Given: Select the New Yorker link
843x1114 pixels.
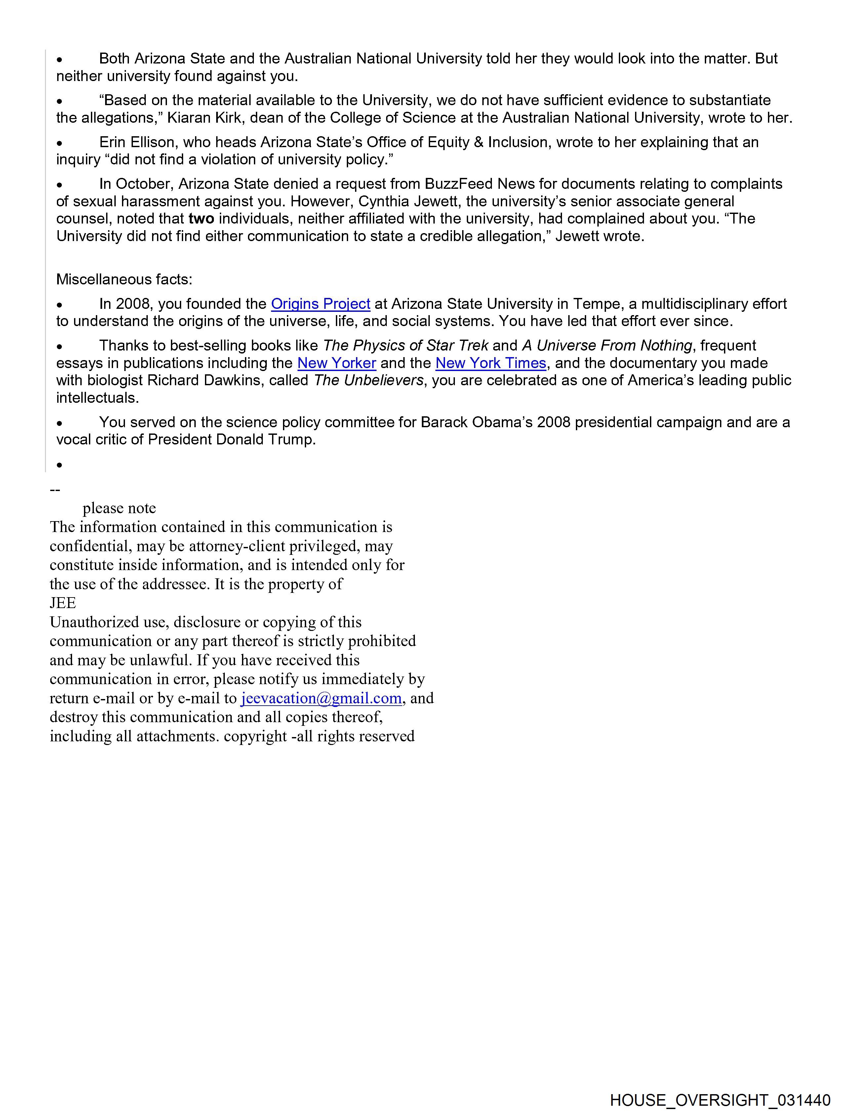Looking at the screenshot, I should tap(337, 363).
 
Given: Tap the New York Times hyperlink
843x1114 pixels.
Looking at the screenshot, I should tap(491, 363).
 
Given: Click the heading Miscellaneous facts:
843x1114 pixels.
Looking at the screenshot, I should tap(124, 279).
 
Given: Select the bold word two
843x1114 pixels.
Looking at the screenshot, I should tap(201, 219).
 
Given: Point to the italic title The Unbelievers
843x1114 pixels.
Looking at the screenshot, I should tap(369, 380).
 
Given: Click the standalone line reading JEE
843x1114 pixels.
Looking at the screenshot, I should tap(62, 603).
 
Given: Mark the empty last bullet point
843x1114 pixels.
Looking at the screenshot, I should tap(60, 464).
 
